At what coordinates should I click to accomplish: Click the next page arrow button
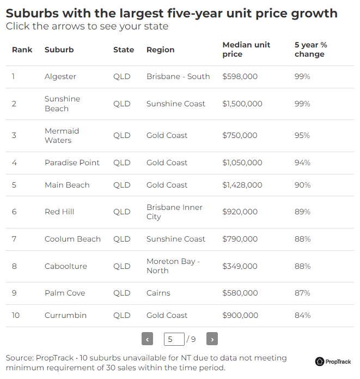click(212, 339)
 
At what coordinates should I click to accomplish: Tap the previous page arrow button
click(147, 339)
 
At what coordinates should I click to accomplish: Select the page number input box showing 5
click(174, 339)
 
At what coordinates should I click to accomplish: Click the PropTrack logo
click(333, 362)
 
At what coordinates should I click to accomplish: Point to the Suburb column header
click(59, 50)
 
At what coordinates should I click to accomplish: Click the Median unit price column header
click(246, 50)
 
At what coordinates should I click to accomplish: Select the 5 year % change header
click(310, 50)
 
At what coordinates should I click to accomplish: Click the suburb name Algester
click(60, 77)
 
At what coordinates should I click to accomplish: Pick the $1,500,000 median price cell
click(242, 104)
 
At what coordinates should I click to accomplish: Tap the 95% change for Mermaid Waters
click(302, 135)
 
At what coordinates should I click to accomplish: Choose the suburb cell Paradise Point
click(72, 163)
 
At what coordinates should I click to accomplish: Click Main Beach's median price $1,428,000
click(242, 185)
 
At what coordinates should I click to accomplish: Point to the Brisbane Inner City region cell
click(174, 212)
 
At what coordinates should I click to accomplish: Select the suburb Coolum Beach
click(72, 239)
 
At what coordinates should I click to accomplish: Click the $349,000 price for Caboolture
click(240, 266)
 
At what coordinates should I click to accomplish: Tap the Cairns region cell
click(158, 293)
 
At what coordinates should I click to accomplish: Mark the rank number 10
click(15, 315)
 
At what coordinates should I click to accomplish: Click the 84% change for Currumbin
click(302, 315)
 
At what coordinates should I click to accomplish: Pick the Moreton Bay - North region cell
click(173, 266)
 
